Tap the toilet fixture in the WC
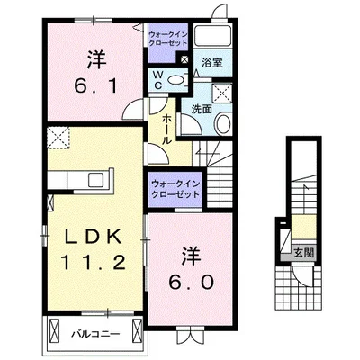tap(184, 80)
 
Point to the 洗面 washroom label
tap(201, 109)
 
